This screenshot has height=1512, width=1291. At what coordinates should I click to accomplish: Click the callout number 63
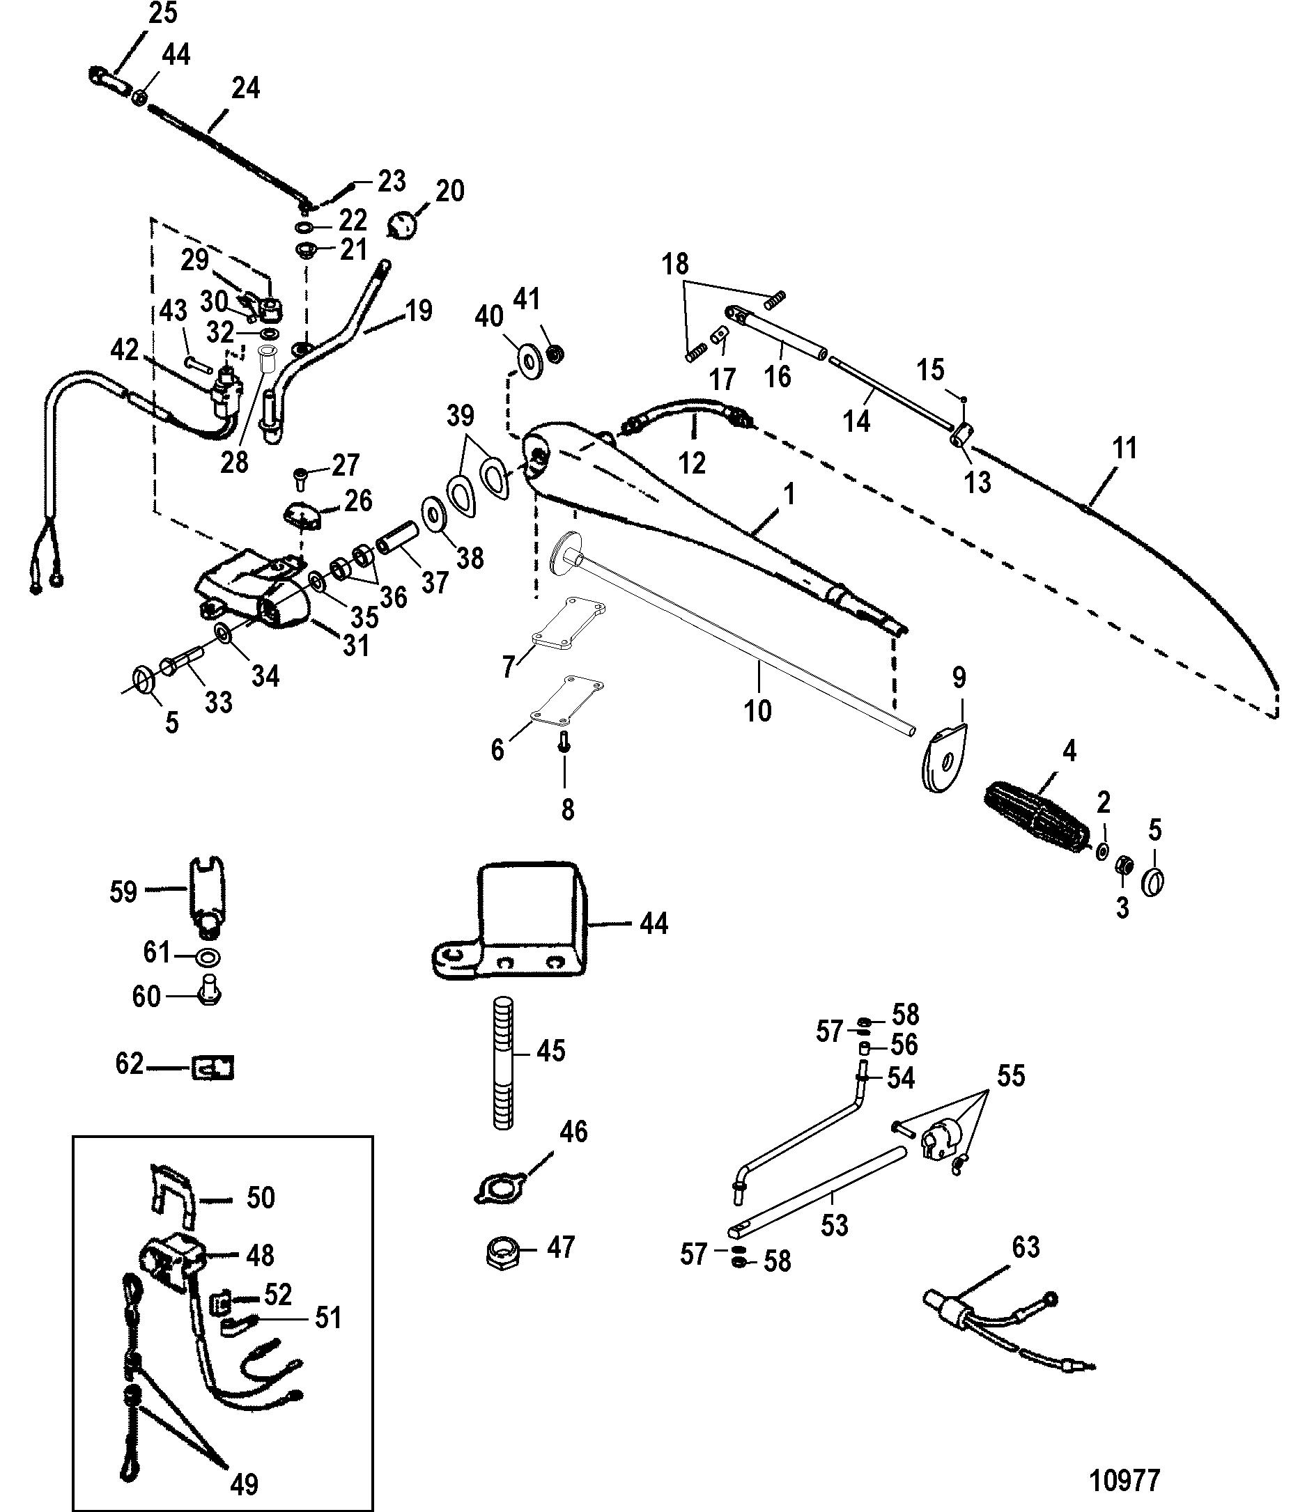[1026, 1247]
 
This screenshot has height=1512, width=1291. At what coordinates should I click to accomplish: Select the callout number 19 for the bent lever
[419, 310]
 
